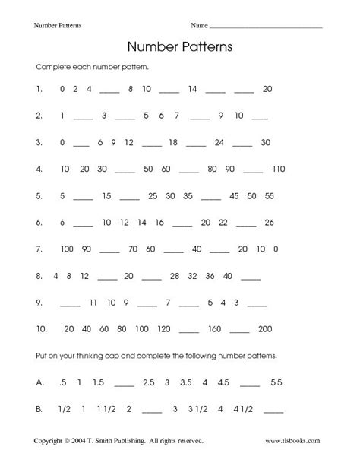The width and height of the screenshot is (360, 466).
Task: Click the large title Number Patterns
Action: (180, 46)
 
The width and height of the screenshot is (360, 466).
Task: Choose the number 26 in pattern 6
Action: (268, 222)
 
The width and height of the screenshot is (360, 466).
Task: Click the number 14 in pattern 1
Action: (191, 88)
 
